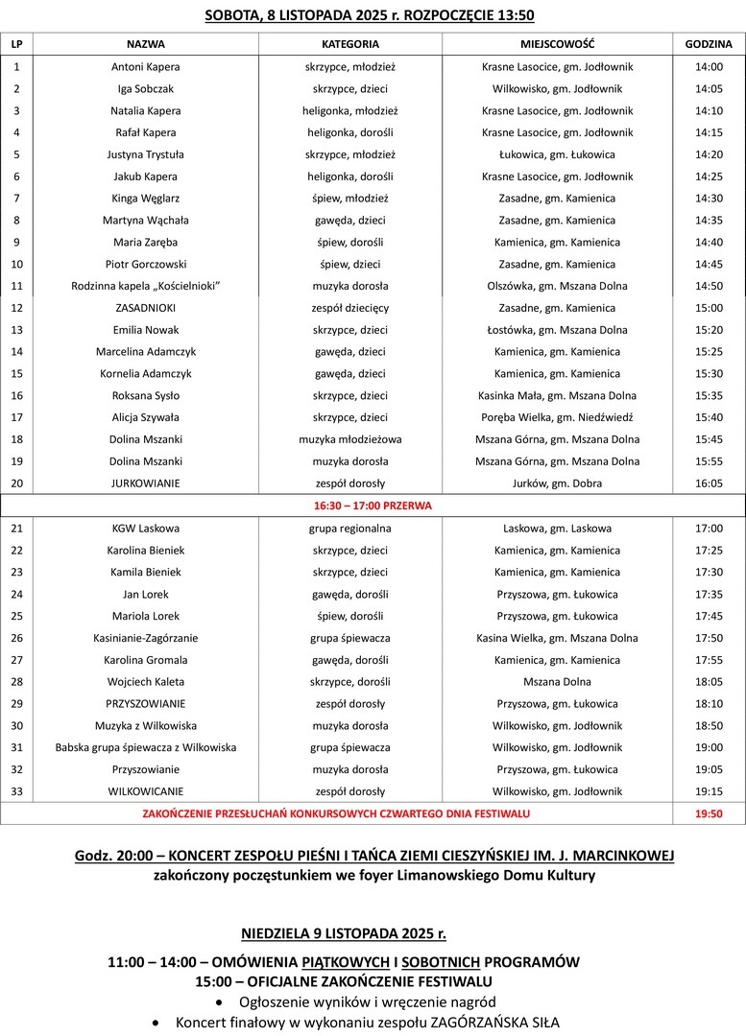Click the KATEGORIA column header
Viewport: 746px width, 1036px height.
point(350,44)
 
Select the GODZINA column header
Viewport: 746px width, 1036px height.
point(709,44)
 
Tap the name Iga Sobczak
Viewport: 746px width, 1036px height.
point(145,88)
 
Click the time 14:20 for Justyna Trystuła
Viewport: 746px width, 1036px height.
point(709,154)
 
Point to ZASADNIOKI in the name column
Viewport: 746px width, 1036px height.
point(145,308)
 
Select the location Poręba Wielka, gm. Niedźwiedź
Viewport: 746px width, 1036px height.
point(557,417)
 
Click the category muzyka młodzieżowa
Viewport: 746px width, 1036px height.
point(350,439)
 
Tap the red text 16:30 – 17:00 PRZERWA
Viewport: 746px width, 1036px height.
point(373,505)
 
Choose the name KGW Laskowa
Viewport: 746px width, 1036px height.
point(145,528)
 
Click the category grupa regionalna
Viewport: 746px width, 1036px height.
point(350,528)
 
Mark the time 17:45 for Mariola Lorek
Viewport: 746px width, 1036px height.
point(709,616)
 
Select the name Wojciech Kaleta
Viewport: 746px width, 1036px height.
point(145,682)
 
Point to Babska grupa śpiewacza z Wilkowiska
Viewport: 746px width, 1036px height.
point(146,747)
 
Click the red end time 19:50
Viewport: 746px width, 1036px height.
point(709,813)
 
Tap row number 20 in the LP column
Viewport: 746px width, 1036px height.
point(16,483)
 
